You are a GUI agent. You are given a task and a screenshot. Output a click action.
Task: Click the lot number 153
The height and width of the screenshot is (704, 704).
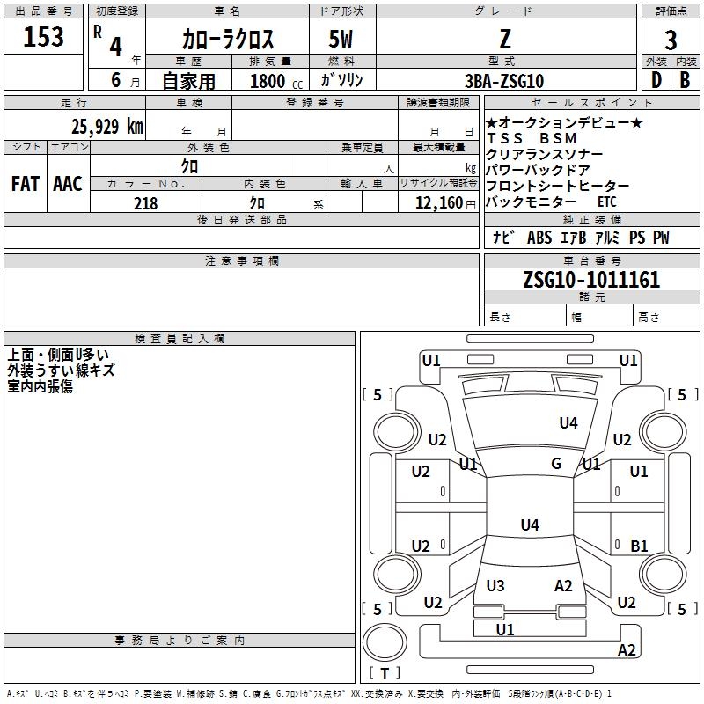[x=43, y=37]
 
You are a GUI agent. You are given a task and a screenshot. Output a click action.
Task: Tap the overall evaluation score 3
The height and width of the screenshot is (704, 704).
[x=671, y=40]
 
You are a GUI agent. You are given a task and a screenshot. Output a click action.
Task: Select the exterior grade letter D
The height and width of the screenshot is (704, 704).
[x=656, y=80]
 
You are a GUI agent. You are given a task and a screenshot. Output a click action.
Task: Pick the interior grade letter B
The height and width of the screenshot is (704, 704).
[x=685, y=80]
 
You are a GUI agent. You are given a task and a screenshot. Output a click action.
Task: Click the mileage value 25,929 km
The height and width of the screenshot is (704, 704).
[x=107, y=127]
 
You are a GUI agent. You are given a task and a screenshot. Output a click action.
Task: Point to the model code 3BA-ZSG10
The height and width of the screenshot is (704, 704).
[x=504, y=81]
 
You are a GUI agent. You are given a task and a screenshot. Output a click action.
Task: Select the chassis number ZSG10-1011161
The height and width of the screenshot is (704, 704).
[x=591, y=280]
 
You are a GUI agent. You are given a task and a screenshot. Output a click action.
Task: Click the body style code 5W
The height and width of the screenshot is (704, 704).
[x=341, y=39]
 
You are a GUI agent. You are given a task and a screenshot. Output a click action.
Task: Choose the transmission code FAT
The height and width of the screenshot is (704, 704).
[x=26, y=184]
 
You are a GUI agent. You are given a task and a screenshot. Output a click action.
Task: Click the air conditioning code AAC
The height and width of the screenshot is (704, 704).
[x=68, y=184]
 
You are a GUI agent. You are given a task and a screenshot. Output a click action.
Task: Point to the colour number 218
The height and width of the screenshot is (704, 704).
[x=146, y=203]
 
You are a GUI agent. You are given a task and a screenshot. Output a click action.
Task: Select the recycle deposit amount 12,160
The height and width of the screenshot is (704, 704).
[x=438, y=203]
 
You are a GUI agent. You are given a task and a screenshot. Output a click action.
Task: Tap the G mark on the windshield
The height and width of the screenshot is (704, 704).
[x=556, y=464]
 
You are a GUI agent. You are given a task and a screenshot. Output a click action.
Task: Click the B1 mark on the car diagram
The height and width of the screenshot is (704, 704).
[x=639, y=546]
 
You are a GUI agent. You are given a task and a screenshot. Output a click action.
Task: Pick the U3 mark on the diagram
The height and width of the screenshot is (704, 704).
[x=495, y=585]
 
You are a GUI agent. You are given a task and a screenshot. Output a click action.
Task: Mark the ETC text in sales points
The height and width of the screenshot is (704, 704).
[x=607, y=202]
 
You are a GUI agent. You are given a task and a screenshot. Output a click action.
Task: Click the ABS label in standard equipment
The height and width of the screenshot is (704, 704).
[x=539, y=238]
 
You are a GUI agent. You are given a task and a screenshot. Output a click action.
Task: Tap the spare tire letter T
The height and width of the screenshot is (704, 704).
[x=385, y=673]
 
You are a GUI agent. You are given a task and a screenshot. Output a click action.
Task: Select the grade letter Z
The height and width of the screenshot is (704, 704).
[x=505, y=39]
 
